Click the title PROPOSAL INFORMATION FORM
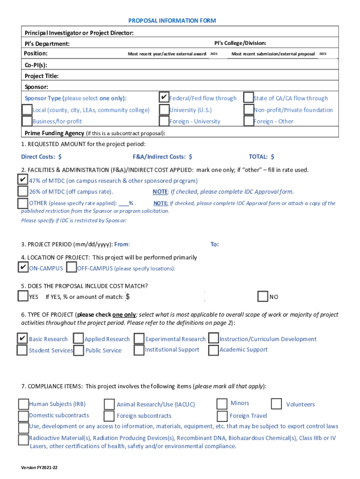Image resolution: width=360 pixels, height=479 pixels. click(x=172, y=21)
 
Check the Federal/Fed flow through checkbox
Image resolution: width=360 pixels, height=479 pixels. click(x=164, y=98)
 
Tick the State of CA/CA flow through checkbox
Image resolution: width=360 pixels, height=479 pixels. click(x=248, y=98)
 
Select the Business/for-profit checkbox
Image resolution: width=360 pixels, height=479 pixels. click(x=27, y=121)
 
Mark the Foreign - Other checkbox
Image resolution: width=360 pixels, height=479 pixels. click(x=248, y=121)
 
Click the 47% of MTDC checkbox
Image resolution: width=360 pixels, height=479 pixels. click(x=23, y=180)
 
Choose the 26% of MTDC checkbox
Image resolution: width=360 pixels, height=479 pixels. click(x=23, y=191)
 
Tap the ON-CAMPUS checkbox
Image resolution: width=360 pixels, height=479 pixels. click(x=22, y=267)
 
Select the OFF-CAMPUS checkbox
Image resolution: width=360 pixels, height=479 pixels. click(x=72, y=268)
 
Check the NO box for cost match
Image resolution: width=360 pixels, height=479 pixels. click(x=263, y=297)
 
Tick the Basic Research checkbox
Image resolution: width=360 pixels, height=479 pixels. click(x=22, y=338)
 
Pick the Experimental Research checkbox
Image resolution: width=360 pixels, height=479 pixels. click(x=139, y=339)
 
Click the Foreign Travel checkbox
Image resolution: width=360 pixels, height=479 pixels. click(x=223, y=415)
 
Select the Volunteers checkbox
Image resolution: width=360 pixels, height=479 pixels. click(x=276, y=404)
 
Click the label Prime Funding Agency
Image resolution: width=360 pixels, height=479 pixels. click(x=54, y=133)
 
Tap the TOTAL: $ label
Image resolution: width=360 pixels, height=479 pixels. click(x=261, y=157)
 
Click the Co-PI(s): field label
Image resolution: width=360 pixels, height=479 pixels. click(x=36, y=65)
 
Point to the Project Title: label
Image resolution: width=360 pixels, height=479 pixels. click(x=42, y=76)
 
